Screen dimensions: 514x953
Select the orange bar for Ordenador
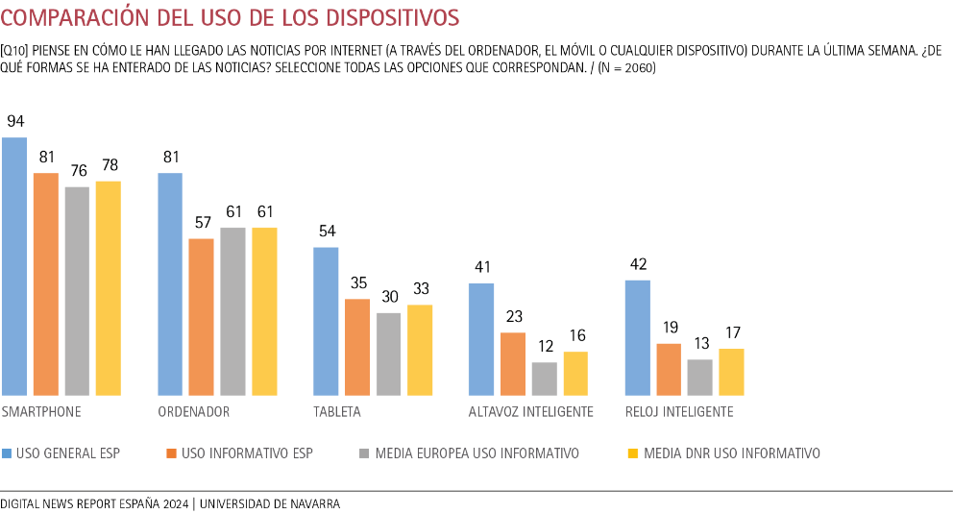coord(201,317)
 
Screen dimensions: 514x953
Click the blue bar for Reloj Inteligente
coord(637,337)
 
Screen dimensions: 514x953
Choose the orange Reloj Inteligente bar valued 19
coord(669,369)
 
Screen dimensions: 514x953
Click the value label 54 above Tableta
coord(326,232)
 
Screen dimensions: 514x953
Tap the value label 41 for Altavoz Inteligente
coord(481,267)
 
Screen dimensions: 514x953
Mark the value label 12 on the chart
coord(544,347)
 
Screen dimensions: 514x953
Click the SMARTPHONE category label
coord(41,412)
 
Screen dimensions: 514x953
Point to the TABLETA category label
coord(337,412)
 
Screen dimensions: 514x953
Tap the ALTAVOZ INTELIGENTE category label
coord(530,412)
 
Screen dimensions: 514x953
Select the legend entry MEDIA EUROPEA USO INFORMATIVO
coord(476,453)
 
